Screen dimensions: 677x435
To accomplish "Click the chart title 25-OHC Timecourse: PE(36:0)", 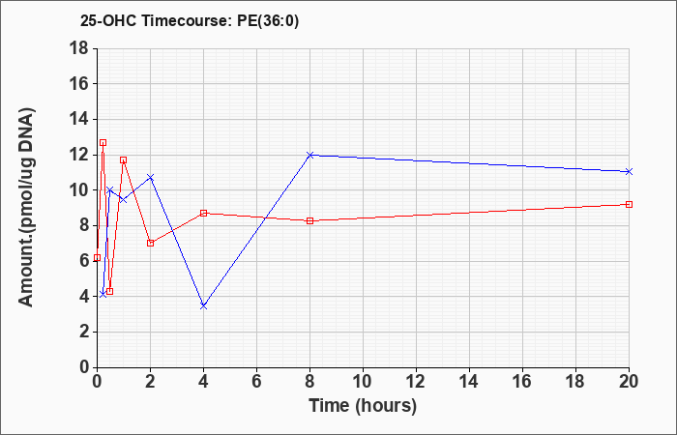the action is [x=190, y=21].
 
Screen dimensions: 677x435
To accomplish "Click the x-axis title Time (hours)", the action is [x=363, y=406].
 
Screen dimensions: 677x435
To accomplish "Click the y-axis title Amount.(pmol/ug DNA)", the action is [x=27, y=207].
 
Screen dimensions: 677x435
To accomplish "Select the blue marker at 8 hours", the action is [x=309, y=155].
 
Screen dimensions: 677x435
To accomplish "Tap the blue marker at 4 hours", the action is [x=203, y=306].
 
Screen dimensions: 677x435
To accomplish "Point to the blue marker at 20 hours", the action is [x=629, y=172].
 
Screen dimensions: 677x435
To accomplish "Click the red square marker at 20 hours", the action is [x=629, y=205].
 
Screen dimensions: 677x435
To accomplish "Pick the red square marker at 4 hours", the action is [x=203, y=214].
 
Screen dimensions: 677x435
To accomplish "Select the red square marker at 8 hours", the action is [x=309, y=221].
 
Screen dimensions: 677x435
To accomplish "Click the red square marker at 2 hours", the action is [x=150, y=243].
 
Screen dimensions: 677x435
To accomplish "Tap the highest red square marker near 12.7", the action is [x=103, y=142].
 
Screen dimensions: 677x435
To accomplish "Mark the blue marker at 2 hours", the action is [x=150, y=177].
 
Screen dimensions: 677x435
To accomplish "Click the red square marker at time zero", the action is [x=97, y=258].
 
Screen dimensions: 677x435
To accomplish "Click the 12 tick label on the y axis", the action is [x=80, y=155].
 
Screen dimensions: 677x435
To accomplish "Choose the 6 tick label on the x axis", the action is [x=256, y=382].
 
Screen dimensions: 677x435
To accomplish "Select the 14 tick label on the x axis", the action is [x=469, y=382].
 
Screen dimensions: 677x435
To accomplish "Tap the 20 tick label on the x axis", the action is [x=629, y=382].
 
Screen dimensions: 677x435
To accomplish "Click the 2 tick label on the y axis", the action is [x=85, y=333].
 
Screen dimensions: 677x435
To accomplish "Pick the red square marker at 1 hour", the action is [x=124, y=160].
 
